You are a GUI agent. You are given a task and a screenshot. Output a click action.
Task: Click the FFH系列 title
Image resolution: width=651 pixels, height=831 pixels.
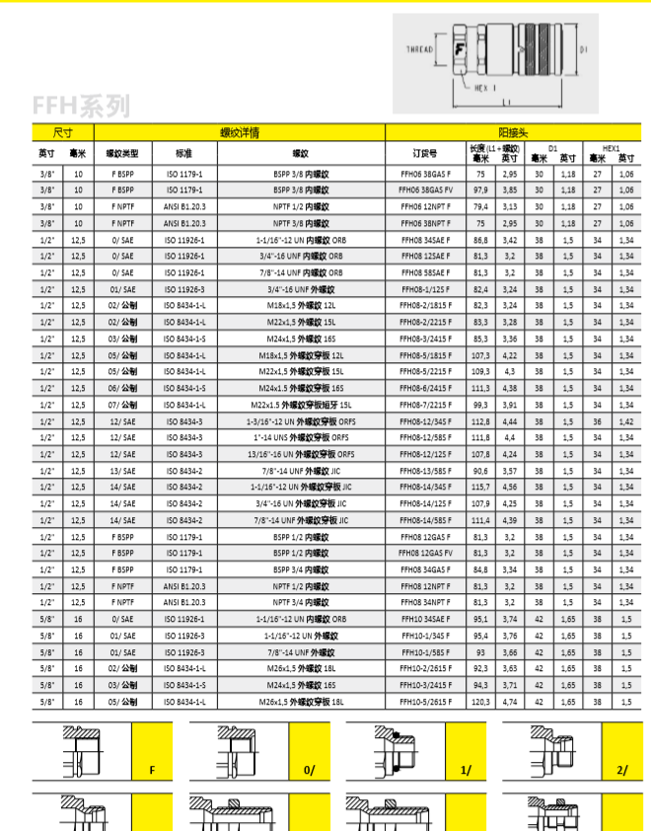(x=80, y=105)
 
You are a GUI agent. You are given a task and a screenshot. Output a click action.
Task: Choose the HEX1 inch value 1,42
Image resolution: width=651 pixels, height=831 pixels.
(x=625, y=420)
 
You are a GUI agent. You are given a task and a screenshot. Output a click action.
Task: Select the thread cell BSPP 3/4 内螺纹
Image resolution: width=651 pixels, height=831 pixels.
(x=301, y=568)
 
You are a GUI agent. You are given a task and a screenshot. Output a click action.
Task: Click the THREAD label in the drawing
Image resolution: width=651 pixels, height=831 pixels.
(x=420, y=48)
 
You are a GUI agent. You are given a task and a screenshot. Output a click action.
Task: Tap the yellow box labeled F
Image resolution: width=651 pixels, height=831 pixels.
(x=152, y=769)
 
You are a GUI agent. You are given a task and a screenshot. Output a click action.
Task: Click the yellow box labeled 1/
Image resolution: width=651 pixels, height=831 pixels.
(x=463, y=769)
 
